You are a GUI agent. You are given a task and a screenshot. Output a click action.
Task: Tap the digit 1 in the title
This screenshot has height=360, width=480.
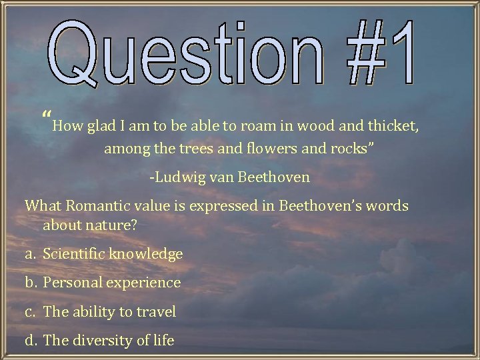pos(399,53)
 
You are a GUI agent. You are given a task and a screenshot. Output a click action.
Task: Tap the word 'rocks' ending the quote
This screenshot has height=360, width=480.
pos(353,149)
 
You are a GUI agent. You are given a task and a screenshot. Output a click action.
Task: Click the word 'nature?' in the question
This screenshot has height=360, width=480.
pos(111,225)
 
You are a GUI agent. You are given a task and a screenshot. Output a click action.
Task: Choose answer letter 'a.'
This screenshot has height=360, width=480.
pos(31,254)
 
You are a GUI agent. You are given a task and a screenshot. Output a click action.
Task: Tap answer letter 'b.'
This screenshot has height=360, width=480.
pos(31,283)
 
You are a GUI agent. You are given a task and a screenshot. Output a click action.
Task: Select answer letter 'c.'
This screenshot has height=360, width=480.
pos(31,311)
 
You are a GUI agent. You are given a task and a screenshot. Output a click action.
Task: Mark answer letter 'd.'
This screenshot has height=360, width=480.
pos(31,340)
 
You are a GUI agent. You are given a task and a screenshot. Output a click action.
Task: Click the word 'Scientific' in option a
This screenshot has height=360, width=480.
pos(72,254)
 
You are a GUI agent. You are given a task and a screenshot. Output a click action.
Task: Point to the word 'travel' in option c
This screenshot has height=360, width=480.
pos(155,311)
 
